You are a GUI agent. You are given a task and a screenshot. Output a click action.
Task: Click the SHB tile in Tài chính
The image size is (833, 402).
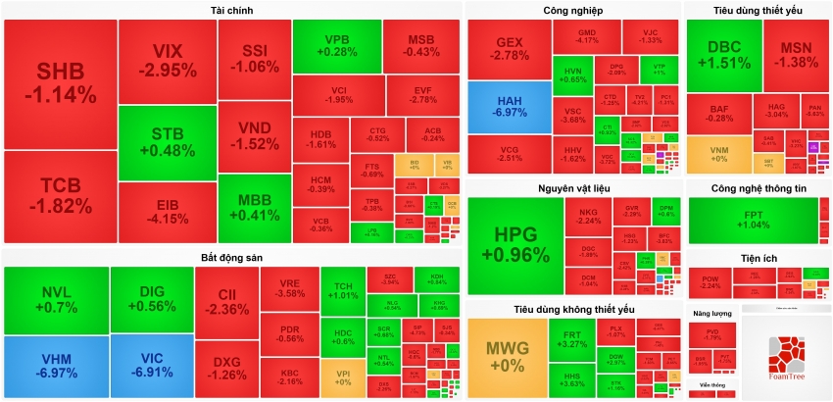(61, 83)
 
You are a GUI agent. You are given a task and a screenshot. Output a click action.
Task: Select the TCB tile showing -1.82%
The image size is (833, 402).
(61, 194)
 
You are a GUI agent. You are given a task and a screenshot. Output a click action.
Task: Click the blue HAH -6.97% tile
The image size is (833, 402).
(509, 107)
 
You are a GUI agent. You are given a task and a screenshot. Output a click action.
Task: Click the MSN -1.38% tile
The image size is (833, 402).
(796, 55)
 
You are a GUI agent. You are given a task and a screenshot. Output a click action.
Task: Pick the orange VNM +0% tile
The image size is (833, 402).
(718, 152)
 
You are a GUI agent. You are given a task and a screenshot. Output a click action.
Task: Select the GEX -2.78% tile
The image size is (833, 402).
(510, 49)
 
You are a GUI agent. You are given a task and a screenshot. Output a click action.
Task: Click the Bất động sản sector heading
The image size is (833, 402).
(232, 257)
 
